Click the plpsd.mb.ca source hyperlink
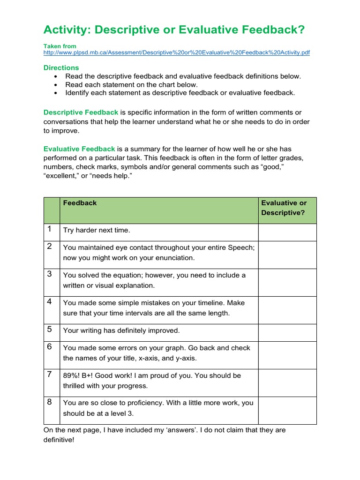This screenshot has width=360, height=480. click(x=176, y=53)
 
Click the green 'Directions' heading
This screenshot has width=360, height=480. click(x=61, y=67)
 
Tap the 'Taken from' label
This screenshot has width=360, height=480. click(x=60, y=46)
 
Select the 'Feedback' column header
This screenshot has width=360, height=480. click(x=80, y=203)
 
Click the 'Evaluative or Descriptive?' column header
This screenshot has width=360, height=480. click(x=284, y=208)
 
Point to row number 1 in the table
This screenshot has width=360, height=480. click(x=49, y=230)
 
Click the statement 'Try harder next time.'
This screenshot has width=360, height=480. click(x=97, y=230)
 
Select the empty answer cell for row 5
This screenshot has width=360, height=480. click(x=287, y=331)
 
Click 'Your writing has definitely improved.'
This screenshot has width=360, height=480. click(x=121, y=330)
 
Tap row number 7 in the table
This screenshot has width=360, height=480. click(x=49, y=375)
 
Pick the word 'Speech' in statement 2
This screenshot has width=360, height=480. click(x=241, y=247)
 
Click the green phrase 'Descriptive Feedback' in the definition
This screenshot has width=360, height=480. click(x=81, y=112)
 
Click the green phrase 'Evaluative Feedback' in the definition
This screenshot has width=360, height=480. click(x=79, y=149)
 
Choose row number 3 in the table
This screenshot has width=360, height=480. click(x=49, y=274)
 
